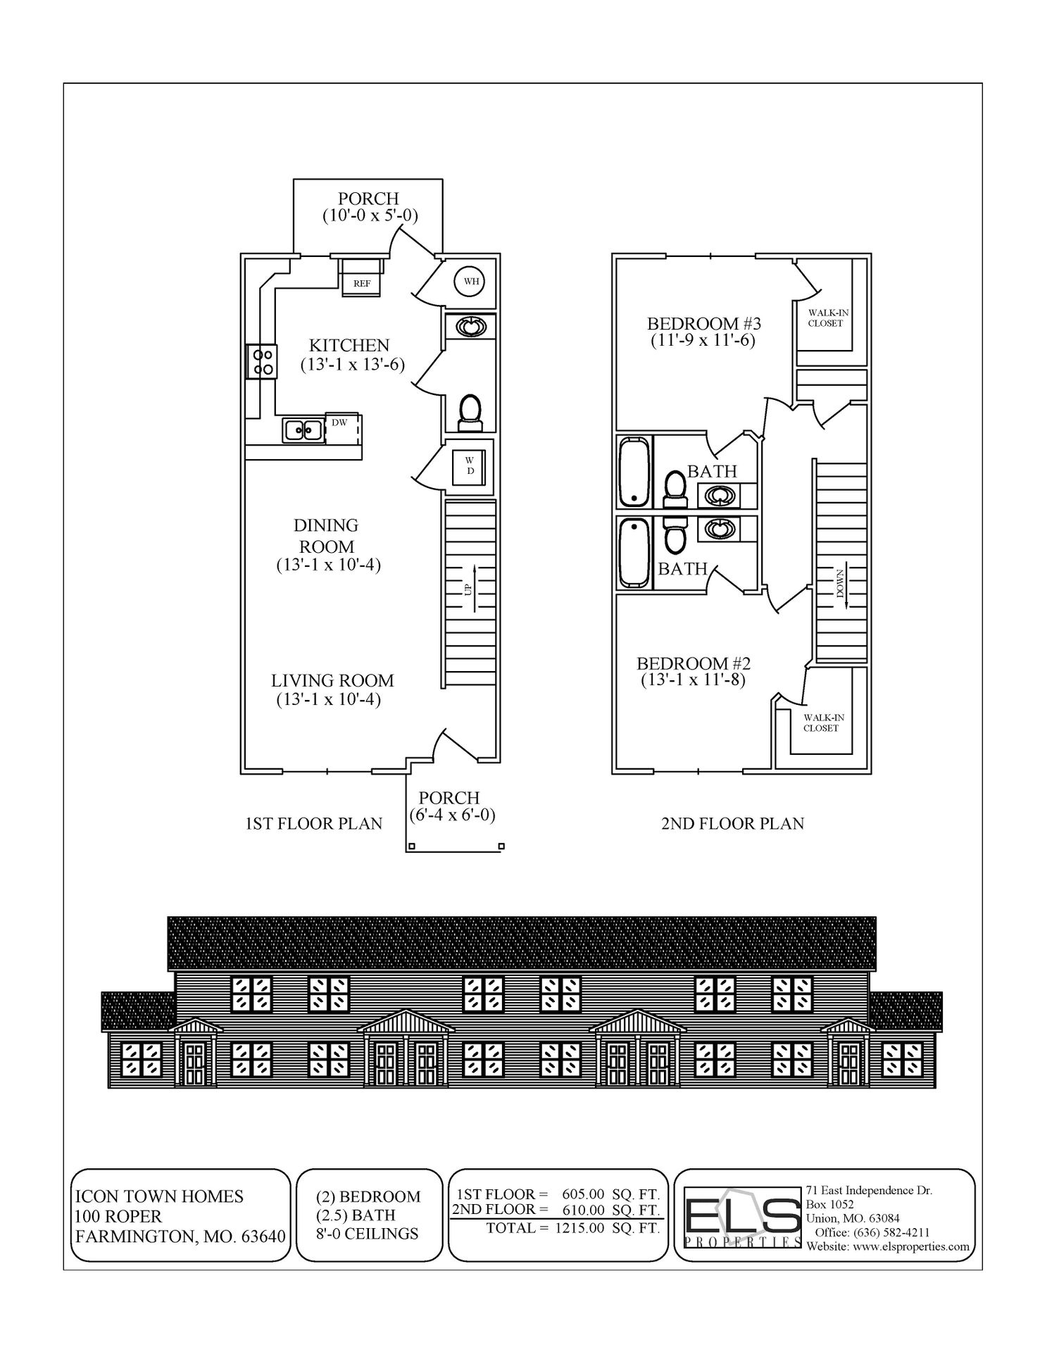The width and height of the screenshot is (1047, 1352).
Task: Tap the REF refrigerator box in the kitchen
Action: point(362,282)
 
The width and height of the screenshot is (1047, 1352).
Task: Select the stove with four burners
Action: point(263,362)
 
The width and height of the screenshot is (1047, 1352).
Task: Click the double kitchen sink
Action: point(303,430)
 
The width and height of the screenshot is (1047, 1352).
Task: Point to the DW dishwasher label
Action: point(339,423)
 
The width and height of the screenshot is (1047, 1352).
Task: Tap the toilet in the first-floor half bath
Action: point(470,412)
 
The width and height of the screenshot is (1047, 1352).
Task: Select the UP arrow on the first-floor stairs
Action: point(472,588)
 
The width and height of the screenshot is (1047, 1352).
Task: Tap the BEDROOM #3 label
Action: point(704,324)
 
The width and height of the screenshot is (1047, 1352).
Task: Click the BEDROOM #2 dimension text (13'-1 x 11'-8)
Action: point(693,680)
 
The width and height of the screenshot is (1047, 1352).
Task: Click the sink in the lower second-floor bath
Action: point(718,529)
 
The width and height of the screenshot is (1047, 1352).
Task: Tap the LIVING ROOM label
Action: point(332,681)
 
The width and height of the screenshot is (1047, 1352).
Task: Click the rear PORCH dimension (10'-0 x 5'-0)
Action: point(370,215)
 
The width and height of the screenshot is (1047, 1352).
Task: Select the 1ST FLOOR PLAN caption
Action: point(313,823)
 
